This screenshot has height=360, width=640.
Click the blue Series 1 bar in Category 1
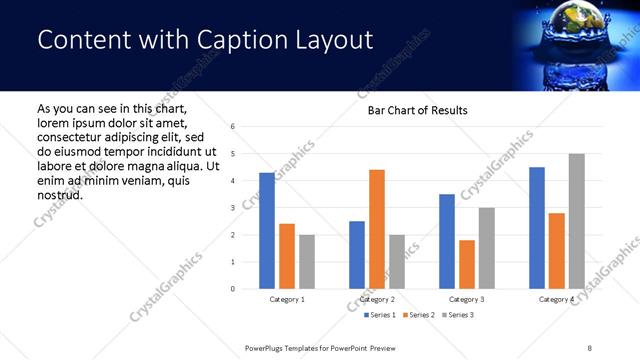coord(267,231)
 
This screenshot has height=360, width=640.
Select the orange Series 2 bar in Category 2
coord(377,229)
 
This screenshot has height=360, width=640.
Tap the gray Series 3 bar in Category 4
coord(576,221)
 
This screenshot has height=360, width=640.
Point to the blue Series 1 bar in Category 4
coord(537,228)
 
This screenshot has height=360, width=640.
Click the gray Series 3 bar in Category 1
coord(306,262)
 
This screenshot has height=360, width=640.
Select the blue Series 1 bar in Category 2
coord(357,255)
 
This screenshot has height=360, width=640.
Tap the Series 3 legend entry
coord(457,315)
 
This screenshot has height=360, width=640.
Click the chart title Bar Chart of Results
coord(411,110)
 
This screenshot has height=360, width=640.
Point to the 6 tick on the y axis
coord(232,127)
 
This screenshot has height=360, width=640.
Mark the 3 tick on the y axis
coord(232,208)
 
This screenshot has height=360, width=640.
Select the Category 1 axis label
coord(287,299)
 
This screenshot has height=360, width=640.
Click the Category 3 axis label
coord(467,299)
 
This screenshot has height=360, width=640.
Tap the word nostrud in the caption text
coord(59,194)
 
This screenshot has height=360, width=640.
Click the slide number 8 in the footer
coord(590,347)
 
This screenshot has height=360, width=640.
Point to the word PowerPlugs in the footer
coord(268,347)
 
